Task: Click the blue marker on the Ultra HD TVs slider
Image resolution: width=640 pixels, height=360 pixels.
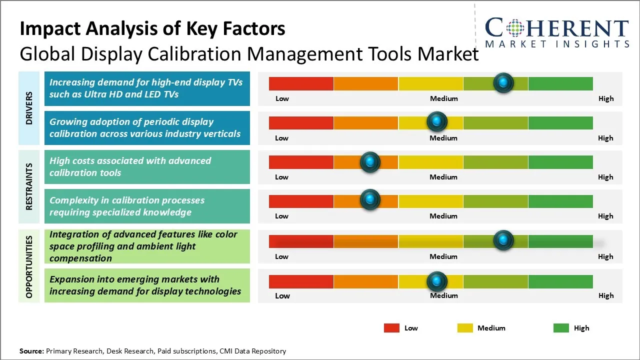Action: pyautogui.click(x=503, y=82)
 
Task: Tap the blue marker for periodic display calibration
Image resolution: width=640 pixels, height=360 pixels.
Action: pyautogui.click(x=437, y=121)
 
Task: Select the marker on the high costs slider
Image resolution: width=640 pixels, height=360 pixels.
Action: pyautogui.click(x=370, y=161)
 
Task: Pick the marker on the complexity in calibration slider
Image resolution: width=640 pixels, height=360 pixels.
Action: pyautogui.click(x=370, y=199)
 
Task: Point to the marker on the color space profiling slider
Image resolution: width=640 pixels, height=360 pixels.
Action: pyautogui.click(x=503, y=240)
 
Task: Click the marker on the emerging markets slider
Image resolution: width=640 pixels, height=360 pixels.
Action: pyautogui.click(x=437, y=281)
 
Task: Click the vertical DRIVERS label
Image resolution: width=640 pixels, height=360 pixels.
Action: pyautogui.click(x=29, y=108)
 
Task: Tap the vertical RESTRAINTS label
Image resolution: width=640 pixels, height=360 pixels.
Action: pyautogui.click(x=29, y=186)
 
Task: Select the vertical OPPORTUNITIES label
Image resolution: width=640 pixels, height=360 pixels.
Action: pyautogui.click(x=29, y=267)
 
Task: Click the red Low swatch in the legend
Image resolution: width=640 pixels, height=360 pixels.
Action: pyautogui.click(x=391, y=328)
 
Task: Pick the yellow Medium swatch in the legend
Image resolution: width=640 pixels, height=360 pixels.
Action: pyautogui.click(x=465, y=328)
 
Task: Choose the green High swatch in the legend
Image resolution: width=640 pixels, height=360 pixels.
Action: pyautogui.click(x=561, y=328)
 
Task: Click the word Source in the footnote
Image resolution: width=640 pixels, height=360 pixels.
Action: pyautogui.click(x=31, y=351)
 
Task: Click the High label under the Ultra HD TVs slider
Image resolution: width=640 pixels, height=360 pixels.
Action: pyautogui.click(x=606, y=98)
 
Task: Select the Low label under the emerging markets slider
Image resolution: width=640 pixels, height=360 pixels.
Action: pyautogui.click(x=282, y=295)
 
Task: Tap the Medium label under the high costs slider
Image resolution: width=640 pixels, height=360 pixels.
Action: pyautogui.click(x=443, y=177)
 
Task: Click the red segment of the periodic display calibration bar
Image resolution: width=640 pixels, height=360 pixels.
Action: pyautogui.click(x=301, y=122)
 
